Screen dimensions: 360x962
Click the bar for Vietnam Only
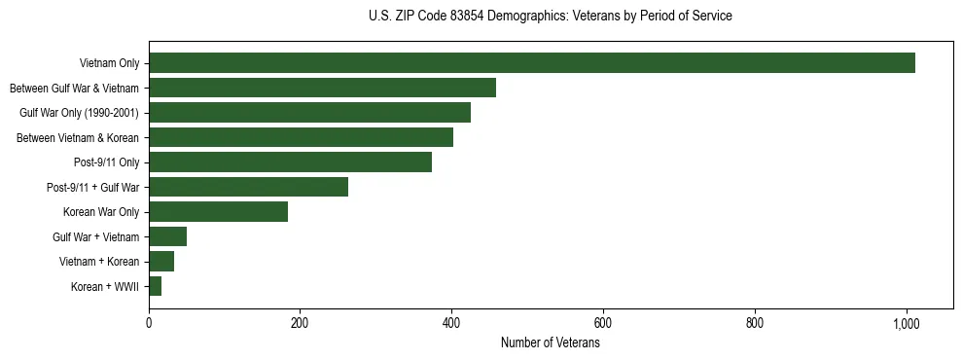[531, 63]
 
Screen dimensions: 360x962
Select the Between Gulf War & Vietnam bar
[322, 88]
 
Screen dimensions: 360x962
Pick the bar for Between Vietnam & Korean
[301, 137]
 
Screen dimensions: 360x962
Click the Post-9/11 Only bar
[290, 162]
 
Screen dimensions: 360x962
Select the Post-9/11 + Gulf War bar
[248, 187]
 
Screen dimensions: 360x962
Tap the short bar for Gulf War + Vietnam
[167, 236]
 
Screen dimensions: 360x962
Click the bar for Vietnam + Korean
[161, 261]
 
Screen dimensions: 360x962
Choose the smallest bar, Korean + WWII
[156, 286]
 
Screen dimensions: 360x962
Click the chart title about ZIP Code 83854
[551, 17]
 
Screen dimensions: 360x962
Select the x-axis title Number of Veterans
[550, 343]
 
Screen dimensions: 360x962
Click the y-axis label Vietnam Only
[109, 64]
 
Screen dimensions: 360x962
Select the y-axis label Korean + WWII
[105, 287]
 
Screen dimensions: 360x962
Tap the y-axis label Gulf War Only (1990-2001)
[80, 113]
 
